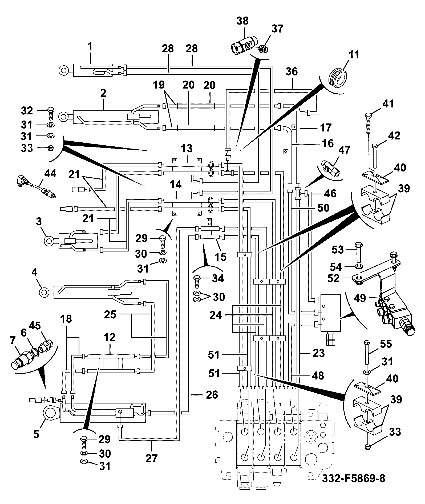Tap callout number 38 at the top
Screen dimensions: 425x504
pyautogui.click(x=242, y=21)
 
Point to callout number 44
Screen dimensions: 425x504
pyautogui.click(x=50, y=174)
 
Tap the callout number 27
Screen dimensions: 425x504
pyautogui.click(x=152, y=458)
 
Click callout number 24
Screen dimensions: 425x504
pyautogui.click(x=216, y=315)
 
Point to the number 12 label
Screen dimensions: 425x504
pyautogui.click(x=110, y=337)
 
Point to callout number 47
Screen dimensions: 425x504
pyautogui.click(x=344, y=150)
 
